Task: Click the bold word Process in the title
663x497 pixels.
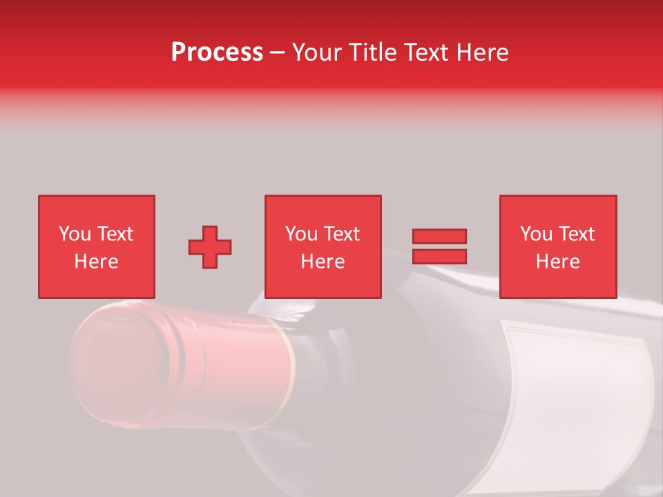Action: click(x=217, y=52)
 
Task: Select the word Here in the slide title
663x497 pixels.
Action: click(x=481, y=52)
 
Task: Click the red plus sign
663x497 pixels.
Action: click(x=210, y=246)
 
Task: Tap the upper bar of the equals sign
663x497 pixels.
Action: click(x=439, y=236)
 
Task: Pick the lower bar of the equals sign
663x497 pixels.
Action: click(x=439, y=256)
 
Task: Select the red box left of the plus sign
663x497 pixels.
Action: click(x=97, y=246)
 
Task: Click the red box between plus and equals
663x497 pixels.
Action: click(x=323, y=246)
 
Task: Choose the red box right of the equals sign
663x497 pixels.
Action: click(x=558, y=246)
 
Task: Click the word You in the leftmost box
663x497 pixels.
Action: click(x=74, y=234)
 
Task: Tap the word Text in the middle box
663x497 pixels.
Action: click(x=341, y=234)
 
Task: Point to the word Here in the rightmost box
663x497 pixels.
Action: click(x=558, y=262)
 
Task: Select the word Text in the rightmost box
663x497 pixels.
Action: click(x=576, y=234)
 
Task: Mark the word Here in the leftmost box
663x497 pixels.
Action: click(x=97, y=262)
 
